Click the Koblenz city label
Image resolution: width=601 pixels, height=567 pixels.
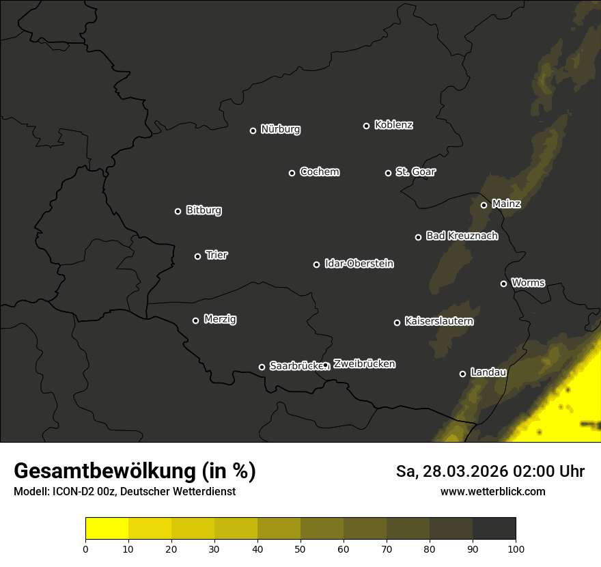[x=393, y=125]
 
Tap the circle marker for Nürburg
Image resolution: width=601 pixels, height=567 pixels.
[x=253, y=130]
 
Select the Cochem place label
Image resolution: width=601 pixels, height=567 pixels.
[x=319, y=172]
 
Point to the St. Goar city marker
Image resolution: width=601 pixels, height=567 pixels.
[x=388, y=173]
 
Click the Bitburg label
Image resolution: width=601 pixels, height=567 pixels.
[x=204, y=210]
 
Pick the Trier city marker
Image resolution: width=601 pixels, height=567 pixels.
[x=197, y=256]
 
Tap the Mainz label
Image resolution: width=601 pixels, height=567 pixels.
[x=506, y=204]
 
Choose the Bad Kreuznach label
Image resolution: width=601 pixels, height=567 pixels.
[x=462, y=236]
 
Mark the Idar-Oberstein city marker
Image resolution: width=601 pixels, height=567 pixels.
[x=316, y=264]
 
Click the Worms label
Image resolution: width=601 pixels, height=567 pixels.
[x=528, y=282]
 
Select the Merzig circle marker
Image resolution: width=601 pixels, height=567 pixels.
[x=195, y=320]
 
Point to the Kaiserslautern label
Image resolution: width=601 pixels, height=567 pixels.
[x=438, y=321]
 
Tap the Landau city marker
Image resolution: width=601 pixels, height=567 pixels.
[x=462, y=374]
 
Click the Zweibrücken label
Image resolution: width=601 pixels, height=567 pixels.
[x=364, y=364]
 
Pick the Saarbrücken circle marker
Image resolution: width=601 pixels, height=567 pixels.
[x=262, y=367]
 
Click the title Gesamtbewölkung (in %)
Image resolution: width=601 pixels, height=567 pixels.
[x=135, y=471]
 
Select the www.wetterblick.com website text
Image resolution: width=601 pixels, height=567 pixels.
[x=492, y=491]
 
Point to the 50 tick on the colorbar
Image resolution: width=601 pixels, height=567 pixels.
[x=300, y=548]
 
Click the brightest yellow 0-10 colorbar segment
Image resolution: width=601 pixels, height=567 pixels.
[x=107, y=529]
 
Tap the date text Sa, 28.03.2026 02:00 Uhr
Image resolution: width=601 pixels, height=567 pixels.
[x=490, y=471]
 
